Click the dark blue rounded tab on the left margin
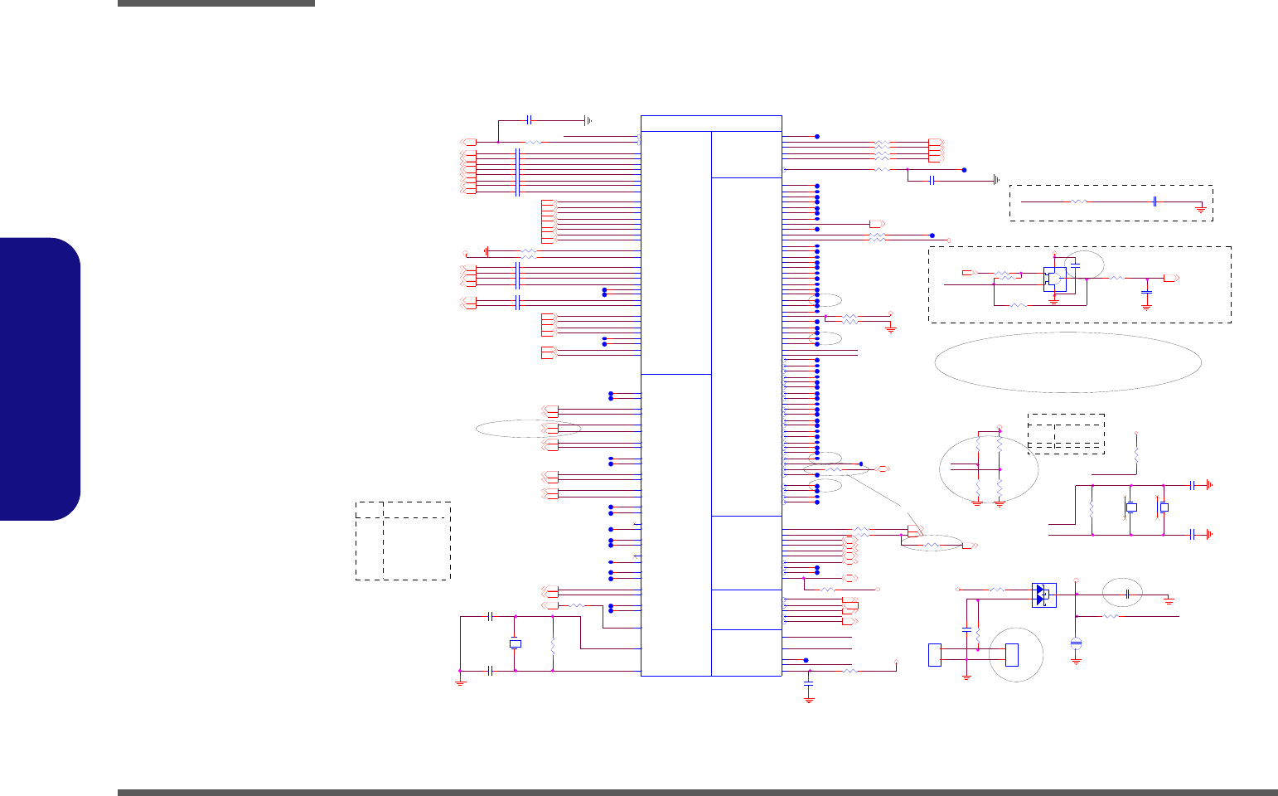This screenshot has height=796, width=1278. click(40, 379)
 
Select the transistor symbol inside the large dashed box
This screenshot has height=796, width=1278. click(1054, 279)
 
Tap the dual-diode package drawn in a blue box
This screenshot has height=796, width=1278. click(1043, 595)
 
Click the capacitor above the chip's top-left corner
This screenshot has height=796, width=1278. click(529, 120)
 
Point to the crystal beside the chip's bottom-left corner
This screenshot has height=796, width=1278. click(516, 643)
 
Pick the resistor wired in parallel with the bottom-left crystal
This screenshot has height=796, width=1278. click(553, 643)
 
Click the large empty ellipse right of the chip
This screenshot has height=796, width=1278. click(1067, 362)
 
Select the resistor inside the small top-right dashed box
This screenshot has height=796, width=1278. click(1078, 201)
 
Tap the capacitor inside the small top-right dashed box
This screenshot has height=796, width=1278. click(1155, 201)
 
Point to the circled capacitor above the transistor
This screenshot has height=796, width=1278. click(1075, 265)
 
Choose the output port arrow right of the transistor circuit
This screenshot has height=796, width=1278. click(1172, 279)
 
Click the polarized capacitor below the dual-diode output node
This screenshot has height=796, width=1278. click(1076, 643)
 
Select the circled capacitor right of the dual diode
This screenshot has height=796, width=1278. click(1128, 595)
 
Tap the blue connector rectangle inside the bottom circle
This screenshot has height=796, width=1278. click(1011, 654)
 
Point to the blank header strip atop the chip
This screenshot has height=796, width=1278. click(711, 123)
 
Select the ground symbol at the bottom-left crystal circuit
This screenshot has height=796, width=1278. click(461, 682)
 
